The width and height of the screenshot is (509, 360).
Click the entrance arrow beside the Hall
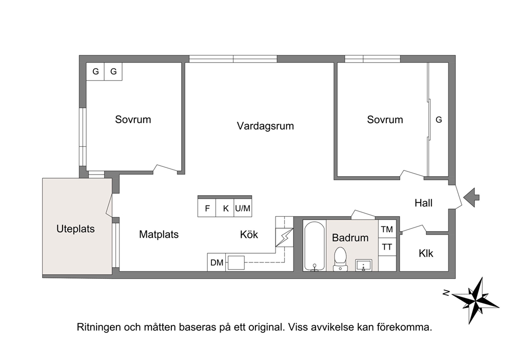click(x=472, y=197)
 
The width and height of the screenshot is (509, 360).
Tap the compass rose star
click(x=475, y=299)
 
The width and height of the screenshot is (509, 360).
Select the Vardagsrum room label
click(x=265, y=126)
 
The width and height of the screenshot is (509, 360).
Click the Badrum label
click(x=350, y=237)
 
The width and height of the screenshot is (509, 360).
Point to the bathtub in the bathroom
click(x=314, y=246)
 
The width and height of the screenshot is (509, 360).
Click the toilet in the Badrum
click(x=340, y=259)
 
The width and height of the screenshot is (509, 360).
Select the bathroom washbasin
click(x=364, y=265)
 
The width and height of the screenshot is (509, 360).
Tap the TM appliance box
click(x=387, y=230)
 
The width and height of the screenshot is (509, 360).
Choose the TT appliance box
click(x=387, y=247)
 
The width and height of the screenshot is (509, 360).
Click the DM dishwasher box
click(x=217, y=262)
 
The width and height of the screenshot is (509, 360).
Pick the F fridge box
click(x=207, y=208)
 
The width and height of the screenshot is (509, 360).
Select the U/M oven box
click(x=243, y=208)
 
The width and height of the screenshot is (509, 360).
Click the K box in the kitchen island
click(x=225, y=208)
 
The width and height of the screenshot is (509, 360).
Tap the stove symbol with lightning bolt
click(x=284, y=237)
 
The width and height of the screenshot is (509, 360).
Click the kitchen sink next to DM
click(x=236, y=262)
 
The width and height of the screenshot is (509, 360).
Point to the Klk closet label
click(x=425, y=253)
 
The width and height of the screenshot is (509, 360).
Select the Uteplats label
click(x=75, y=229)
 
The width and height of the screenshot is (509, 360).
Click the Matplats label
click(x=159, y=234)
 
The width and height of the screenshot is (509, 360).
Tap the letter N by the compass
click(x=446, y=293)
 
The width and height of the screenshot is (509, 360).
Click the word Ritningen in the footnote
click(x=99, y=327)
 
